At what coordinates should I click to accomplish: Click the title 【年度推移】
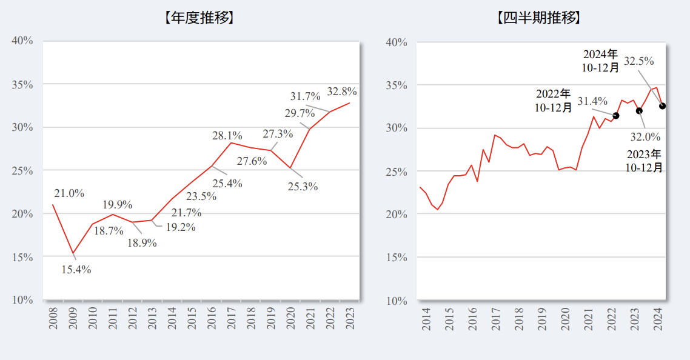pyautogui.click(x=199, y=18)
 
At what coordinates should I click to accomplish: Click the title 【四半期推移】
pyautogui.click(x=538, y=18)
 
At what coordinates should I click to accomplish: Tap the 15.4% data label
pyautogui.click(x=76, y=270)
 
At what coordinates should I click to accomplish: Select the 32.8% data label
pyautogui.click(x=341, y=92)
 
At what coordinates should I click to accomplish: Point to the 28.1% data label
pyautogui.click(x=227, y=136)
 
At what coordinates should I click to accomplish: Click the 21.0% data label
pyautogui.click(x=69, y=193)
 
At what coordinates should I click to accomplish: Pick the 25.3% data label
pyautogui.click(x=303, y=187)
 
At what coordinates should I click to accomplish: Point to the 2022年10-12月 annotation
pyautogui.click(x=553, y=101)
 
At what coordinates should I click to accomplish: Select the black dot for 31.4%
pyautogui.click(x=616, y=115)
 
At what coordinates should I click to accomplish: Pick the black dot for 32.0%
pyautogui.click(x=639, y=110)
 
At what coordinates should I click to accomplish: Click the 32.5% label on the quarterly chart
pyautogui.click(x=639, y=61)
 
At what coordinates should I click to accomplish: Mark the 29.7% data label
pyautogui.click(x=300, y=113)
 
